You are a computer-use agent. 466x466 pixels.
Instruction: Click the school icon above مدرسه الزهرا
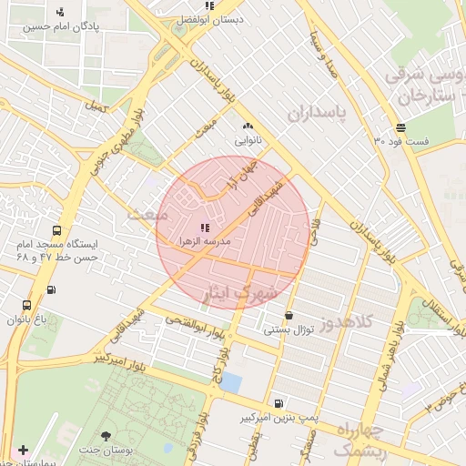203,227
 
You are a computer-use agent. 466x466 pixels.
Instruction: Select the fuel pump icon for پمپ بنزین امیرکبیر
278,403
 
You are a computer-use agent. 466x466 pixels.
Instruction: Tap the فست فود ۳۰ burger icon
400,127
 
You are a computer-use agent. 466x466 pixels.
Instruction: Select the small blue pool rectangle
231,383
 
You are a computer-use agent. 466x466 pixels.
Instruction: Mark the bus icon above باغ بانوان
26,305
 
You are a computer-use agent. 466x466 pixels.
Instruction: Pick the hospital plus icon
23,451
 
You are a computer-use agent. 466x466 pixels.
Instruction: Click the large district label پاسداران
317,113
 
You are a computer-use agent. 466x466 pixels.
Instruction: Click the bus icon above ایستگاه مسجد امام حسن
56,231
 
